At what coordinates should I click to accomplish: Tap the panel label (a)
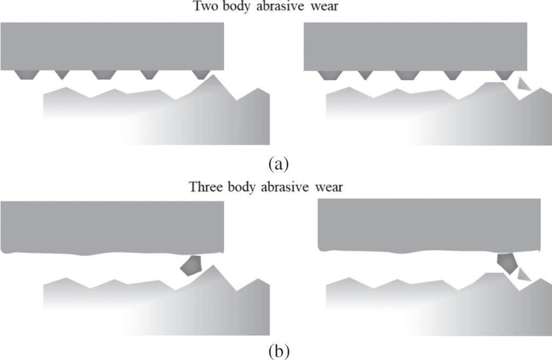[x=279, y=164]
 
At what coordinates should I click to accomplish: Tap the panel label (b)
[x=279, y=351]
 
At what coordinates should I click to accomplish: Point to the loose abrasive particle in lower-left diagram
[x=191, y=266]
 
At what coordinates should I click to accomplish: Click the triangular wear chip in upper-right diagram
[x=523, y=85]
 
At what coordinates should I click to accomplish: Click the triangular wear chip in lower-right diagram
[x=523, y=274]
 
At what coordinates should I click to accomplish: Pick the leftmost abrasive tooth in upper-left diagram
[x=27, y=74]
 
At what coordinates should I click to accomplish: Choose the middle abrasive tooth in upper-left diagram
[x=104, y=74]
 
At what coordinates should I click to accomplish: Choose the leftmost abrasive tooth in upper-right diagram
[x=330, y=75]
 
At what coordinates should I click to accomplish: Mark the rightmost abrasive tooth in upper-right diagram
[x=505, y=75]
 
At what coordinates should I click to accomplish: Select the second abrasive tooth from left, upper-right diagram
[x=365, y=75]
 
